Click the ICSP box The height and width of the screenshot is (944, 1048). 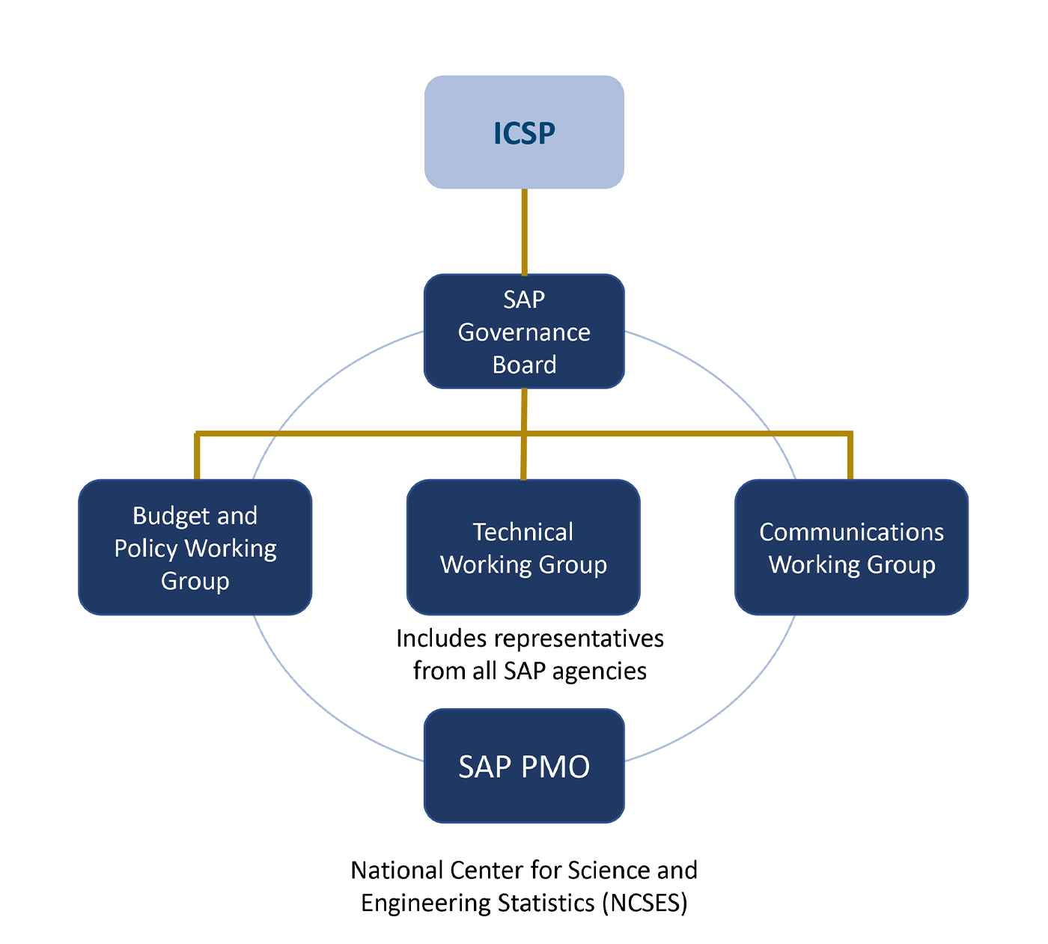(x=524, y=132)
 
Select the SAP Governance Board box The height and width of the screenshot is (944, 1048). (x=524, y=331)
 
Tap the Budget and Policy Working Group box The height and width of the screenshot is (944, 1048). (x=195, y=547)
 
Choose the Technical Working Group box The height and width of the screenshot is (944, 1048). (x=523, y=547)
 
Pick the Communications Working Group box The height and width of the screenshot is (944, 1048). (x=851, y=547)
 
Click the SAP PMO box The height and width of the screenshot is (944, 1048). (x=524, y=766)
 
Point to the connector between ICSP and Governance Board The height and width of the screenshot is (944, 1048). (x=524, y=232)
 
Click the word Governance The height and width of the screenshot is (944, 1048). (x=524, y=332)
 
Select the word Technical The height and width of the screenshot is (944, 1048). (x=523, y=532)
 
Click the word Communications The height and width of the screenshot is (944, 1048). (x=851, y=532)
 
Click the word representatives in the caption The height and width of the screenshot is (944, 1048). (x=579, y=639)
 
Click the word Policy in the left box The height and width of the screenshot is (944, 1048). (x=146, y=548)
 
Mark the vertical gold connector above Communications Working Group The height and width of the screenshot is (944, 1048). (x=850, y=455)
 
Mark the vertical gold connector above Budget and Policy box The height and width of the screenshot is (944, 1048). (x=197, y=455)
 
